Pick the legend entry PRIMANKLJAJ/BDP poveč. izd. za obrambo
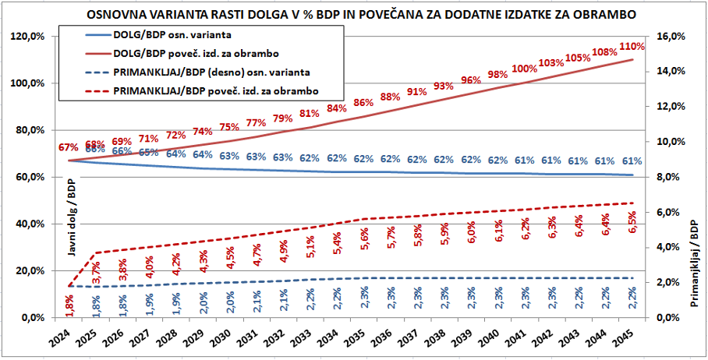coord(217,91)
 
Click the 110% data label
coord(632,46)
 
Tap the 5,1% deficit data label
coord(311,246)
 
